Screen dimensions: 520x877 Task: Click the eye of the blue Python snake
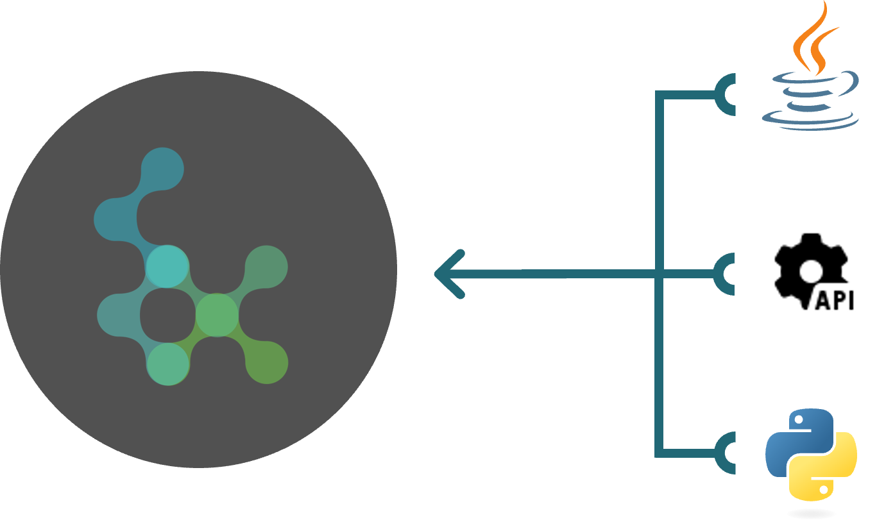[797, 421]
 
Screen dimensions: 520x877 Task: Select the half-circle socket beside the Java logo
[728, 95]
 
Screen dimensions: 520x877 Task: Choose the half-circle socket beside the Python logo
[728, 453]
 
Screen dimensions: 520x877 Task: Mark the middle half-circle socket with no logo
[728, 274]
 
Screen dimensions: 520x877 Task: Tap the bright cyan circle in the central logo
[167, 266]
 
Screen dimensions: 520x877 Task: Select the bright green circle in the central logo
[217, 315]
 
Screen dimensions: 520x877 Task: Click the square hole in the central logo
[167, 315]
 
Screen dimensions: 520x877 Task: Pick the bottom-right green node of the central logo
[266, 363]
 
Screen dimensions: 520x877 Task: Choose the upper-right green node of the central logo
[266, 267]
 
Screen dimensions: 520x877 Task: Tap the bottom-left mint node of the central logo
[168, 364]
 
